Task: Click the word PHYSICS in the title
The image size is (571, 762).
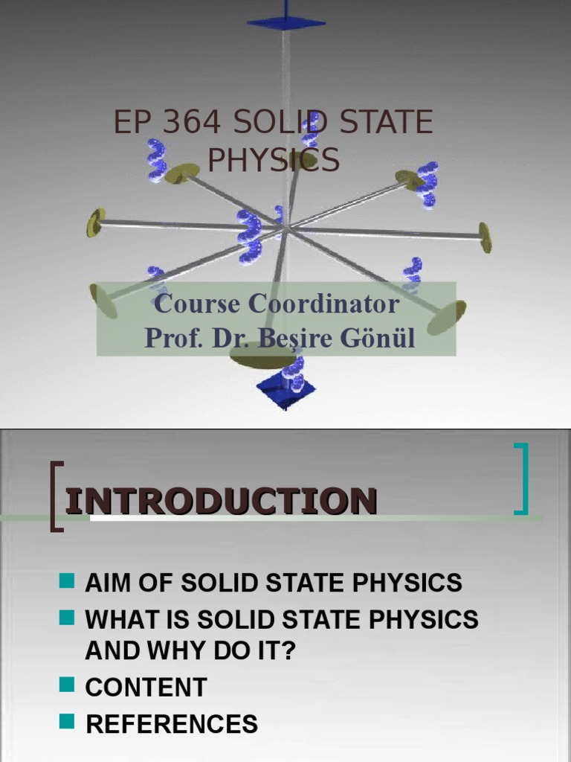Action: tap(273, 160)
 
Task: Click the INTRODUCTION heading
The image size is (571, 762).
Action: tap(221, 501)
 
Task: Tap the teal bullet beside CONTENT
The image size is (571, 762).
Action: tap(68, 685)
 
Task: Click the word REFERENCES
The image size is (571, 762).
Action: tap(172, 723)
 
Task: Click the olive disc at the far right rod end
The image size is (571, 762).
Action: tap(485, 237)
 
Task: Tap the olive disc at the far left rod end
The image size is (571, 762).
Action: tap(94, 222)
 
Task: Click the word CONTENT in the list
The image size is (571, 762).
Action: tap(146, 687)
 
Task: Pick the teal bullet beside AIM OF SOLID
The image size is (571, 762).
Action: tap(68, 580)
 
